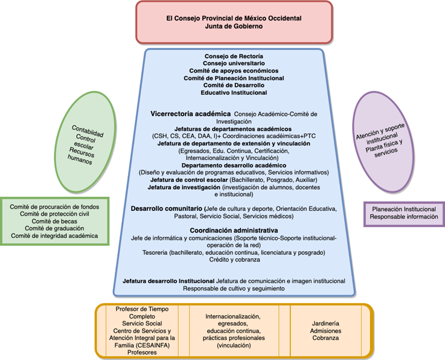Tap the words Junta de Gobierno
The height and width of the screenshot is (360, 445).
234,26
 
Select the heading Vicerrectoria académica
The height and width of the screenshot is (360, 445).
190,113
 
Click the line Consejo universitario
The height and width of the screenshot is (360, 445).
234,63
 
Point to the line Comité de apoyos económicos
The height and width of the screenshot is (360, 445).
234,71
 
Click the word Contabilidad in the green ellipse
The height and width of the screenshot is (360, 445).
88,129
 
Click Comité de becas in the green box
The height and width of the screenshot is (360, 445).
55,221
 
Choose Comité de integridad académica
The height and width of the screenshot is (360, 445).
55,236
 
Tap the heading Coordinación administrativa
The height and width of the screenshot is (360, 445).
234,231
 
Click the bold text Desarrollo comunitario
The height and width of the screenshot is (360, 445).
166,208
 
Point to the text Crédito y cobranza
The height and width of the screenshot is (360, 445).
234,260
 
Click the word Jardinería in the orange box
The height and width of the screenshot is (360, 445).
326,324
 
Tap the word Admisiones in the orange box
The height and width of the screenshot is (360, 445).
326,331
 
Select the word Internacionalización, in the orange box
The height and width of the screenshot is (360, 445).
233,317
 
